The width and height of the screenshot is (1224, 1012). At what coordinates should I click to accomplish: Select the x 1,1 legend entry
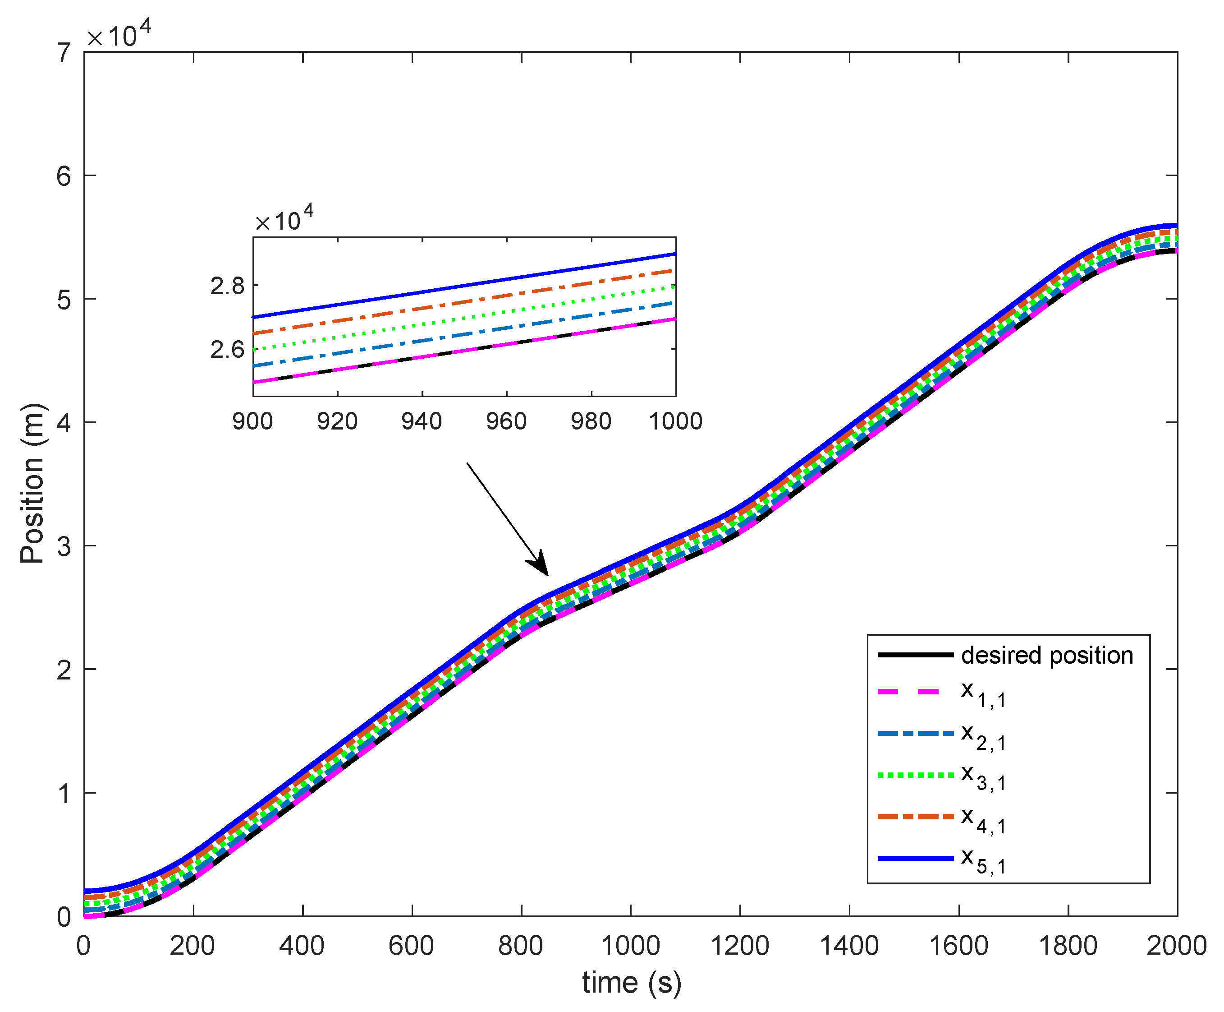pos(983,694)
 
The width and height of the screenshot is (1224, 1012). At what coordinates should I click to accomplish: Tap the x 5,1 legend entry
pos(983,861)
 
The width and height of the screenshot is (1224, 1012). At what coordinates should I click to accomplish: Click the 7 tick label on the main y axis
pos(64,53)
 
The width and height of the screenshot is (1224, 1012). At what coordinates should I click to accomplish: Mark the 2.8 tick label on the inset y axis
pos(227,286)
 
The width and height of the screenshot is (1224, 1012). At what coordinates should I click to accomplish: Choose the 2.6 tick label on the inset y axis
pos(227,350)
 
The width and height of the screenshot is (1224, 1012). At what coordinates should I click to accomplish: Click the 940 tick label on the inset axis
pos(422,421)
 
